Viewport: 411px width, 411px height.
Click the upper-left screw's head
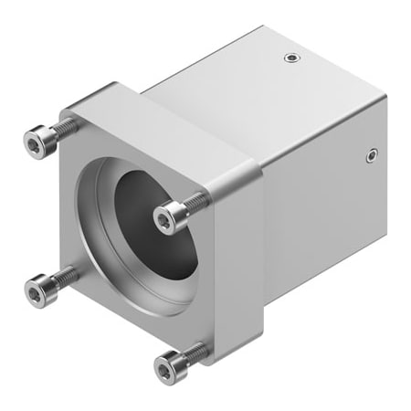point(36,141)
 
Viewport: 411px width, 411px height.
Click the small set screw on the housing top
point(290,58)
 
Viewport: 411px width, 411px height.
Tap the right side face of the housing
point(329,201)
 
